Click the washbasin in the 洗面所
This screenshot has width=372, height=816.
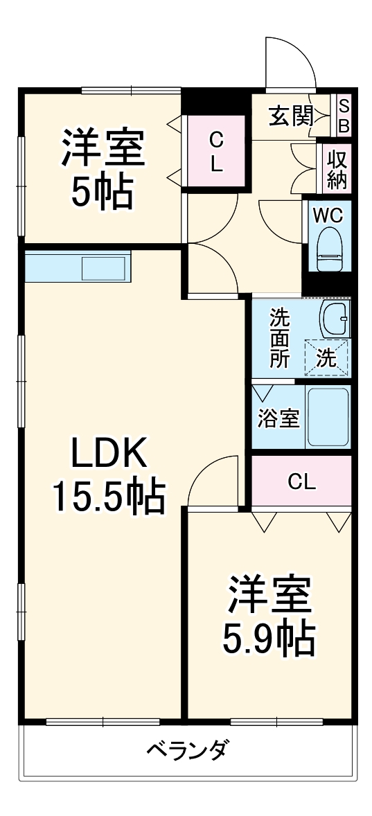click(337, 319)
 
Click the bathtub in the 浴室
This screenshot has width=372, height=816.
click(328, 418)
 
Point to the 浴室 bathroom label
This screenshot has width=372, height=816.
click(278, 418)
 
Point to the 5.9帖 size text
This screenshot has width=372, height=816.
click(269, 639)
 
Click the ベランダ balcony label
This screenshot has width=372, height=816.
click(187, 751)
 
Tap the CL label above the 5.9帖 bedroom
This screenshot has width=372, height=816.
click(302, 481)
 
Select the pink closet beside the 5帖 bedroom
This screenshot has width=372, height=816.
click(216, 151)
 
